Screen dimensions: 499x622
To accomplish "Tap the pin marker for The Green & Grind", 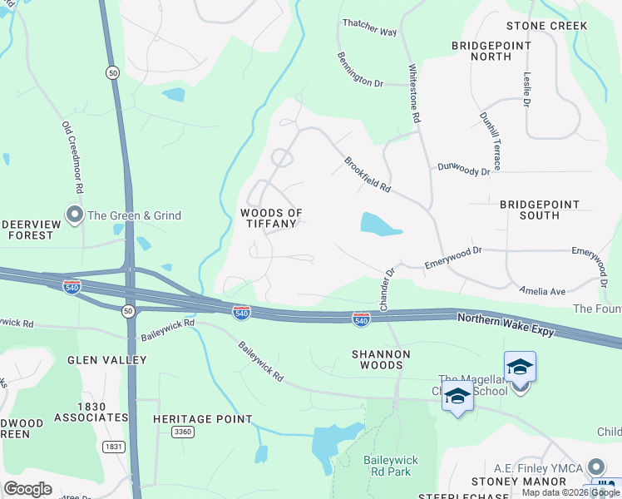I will (x=75, y=215).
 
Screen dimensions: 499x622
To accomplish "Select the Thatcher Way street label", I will (x=370, y=31).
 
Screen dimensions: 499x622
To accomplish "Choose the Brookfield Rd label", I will (x=368, y=175).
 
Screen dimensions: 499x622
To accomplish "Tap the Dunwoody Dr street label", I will (x=464, y=170).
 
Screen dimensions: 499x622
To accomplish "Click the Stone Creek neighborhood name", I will (x=546, y=26).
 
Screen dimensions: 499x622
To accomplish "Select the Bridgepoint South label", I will (x=541, y=209).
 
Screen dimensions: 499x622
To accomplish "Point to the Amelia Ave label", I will (x=542, y=291).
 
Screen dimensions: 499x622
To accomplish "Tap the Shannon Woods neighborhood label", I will (x=381, y=360).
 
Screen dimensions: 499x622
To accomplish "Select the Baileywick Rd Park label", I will (x=389, y=466).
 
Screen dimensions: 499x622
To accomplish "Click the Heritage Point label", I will (x=202, y=419).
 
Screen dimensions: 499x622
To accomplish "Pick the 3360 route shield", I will (x=182, y=432).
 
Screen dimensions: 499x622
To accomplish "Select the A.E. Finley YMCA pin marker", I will (x=595, y=467).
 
